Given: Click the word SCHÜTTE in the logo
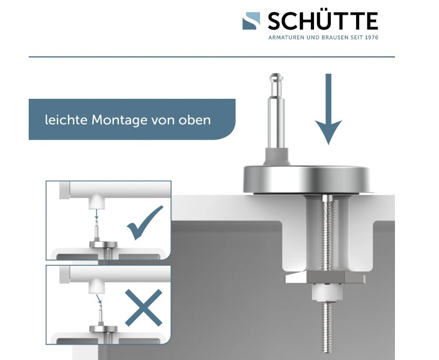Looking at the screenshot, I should pyautogui.click(x=323, y=21).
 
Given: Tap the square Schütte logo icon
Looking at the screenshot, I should pyautogui.click(x=252, y=22).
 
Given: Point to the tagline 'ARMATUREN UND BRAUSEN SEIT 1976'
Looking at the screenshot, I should pyautogui.click(x=323, y=37).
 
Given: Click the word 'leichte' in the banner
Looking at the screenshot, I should pyautogui.click(x=66, y=120).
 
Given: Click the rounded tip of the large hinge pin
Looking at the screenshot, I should pyautogui.click(x=276, y=79).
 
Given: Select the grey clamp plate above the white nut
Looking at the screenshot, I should pyautogui.click(x=324, y=279).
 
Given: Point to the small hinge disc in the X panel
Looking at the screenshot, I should pyautogui.click(x=103, y=329).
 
